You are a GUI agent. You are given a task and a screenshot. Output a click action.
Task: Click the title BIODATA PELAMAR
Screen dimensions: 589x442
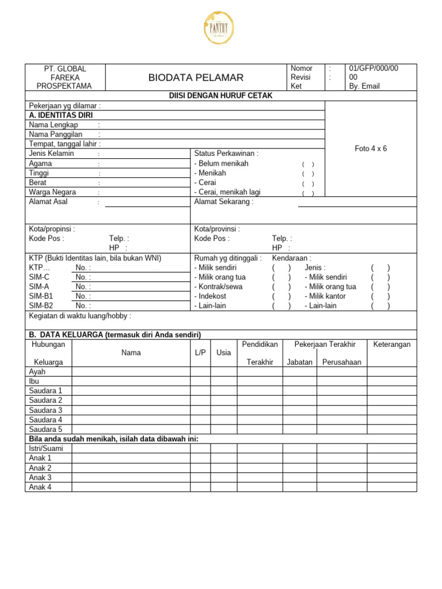coord(196,78)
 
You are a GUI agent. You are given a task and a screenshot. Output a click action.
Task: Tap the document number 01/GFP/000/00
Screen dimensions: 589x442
coord(374,68)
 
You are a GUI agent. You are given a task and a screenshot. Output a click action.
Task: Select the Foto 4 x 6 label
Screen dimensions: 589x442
coord(371,148)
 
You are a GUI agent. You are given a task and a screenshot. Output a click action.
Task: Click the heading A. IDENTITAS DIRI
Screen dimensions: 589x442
coord(61,115)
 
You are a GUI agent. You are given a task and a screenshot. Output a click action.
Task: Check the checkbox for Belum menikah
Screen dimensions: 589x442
coord(308,164)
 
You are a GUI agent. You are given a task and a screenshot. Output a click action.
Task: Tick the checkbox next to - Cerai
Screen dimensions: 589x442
coord(308,183)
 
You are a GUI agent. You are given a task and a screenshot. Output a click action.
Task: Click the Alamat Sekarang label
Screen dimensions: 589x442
coord(224,202)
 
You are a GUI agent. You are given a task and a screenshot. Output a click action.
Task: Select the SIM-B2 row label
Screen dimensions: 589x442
coord(41,305)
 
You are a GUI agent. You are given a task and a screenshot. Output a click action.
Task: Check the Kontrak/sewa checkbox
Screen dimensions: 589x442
coord(281,286)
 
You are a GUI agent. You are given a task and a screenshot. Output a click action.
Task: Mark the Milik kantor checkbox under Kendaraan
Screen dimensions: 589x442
coord(380,296)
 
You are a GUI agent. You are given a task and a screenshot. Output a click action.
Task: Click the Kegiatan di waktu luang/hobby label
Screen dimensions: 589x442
coord(80,316)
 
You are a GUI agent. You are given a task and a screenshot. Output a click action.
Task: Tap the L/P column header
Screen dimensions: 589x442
coord(200,353)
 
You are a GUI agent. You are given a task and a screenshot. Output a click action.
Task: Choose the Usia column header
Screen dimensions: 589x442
coord(223,353)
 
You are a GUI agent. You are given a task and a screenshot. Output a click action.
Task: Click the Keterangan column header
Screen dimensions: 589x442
coord(392,344)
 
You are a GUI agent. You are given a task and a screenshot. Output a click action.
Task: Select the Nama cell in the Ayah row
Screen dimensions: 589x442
coord(131,372)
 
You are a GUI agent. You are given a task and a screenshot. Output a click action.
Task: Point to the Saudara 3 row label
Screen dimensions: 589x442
coord(45,410)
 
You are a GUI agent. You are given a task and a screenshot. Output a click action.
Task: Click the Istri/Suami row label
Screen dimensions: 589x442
coord(46,448)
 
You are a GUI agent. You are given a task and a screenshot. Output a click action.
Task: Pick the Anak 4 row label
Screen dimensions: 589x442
coord(40,487)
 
